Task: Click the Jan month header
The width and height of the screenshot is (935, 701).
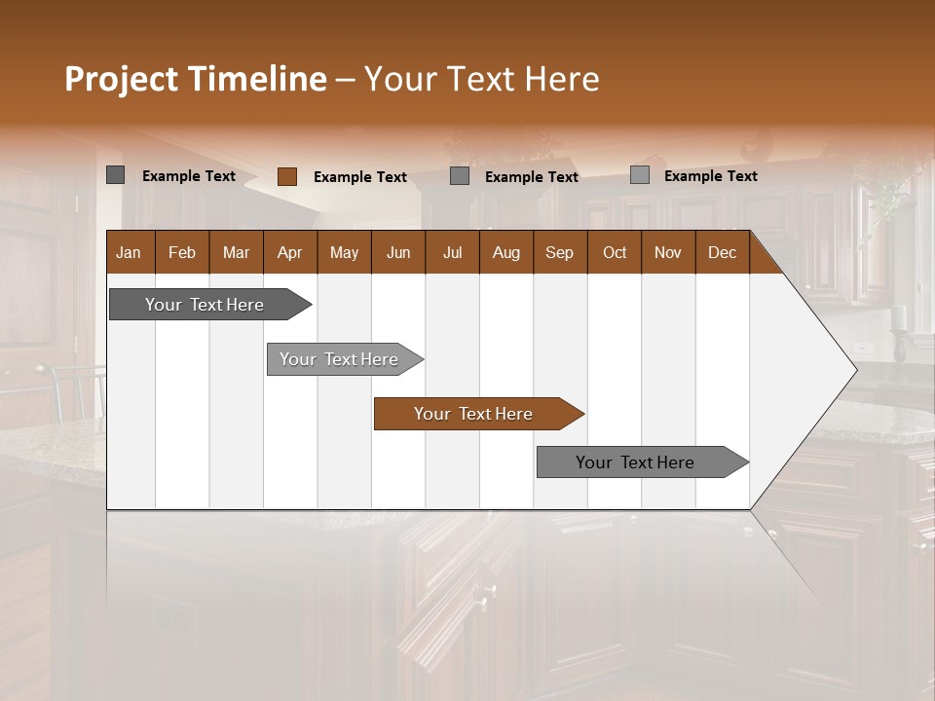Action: pyautogui.click(x=130, y=252)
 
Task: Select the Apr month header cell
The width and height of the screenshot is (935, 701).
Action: pyautogui.click(x=290, y=252)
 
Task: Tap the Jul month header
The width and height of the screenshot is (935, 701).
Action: pyautogui.click(x=452, y=252)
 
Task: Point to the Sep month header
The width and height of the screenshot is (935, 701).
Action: pyautogui.click(x=560, y=252)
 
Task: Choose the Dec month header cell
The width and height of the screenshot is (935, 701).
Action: pyautogui.click(x=723, y=252)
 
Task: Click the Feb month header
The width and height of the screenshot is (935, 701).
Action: pyautogui.click(x=182, y=252)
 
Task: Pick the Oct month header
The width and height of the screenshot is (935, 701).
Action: pyautogui.click(x=615, y=252)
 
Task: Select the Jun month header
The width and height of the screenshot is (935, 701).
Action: pyautogui.click(x=398, y=252)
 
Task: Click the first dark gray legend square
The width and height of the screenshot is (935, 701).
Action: pyautogui.click(x=115, y=175)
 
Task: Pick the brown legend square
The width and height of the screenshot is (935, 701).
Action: pyautogui.click(x=286, y=176)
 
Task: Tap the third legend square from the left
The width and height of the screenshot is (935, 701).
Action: pyautogui.click(x=460, y=176)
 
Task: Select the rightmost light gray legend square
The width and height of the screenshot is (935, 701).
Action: pyautogui.click(x=639, y=175)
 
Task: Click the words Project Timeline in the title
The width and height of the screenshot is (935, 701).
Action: pyautogui.click(x=195, y=79)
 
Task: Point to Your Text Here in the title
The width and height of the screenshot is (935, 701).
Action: pyautogui.click(x=482, y=79)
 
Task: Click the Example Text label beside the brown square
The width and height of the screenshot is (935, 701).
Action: pyautogui.click(x=360, y=177)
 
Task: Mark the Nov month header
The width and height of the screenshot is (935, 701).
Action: pyautogui.click(x=668, y=252)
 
